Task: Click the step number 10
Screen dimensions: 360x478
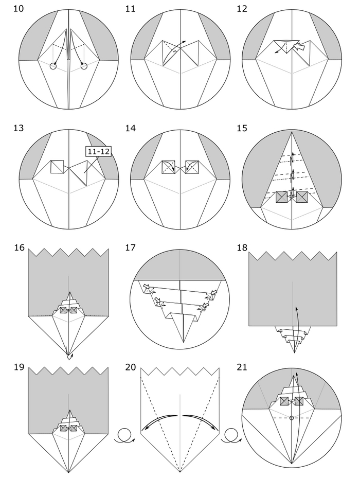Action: pyautogui.click(x=19, y=9)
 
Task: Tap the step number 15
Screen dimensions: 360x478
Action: pyautogui.click(x=242, y=128)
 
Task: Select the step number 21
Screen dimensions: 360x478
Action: pyautogui.click(x=242, y=367)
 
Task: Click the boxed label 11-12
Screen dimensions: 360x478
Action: pyautogui.click(x=98, y=151)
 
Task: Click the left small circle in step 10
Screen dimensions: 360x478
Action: pyautogui.click(x=53, y=66)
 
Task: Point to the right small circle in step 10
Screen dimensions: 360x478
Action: pyautogui.click(x=84, y=66)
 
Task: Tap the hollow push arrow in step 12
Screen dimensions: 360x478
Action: pyautogui.click(x=300, y=46)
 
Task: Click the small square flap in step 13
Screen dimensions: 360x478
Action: pyautogui.click(x=57, y=167)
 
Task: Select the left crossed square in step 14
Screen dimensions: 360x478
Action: pyautogui.click(x=169, y=167)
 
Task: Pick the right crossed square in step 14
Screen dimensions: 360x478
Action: pyautogui.click(x=192, y=167)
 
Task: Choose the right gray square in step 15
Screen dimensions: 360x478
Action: pyautogui.click(x=302, y=197)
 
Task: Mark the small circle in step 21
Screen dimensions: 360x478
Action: pyautogui.click(x=292, y=418)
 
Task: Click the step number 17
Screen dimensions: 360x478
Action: pyautogui.click(x=130, y=247)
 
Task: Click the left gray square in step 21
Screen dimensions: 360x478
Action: pyautogui.click(x=284, y=401)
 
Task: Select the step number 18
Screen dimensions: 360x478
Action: pyautogui.click(x=242, y=247)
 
